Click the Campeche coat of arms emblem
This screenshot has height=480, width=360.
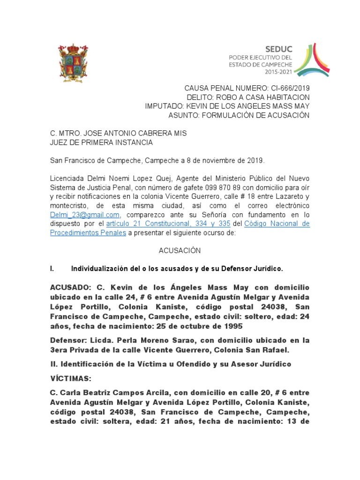[71, 63]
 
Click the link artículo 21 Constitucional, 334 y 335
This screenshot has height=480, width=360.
[168, 224]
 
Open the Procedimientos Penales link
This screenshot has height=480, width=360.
[88, 232]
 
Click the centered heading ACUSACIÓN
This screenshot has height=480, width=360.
[180, 251]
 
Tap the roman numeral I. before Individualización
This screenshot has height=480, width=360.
[52, 269]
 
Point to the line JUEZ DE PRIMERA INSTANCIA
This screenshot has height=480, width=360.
[101, 142]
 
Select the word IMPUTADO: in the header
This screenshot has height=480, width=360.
[165, 106]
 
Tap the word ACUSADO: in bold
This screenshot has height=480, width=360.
[69, 287]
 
